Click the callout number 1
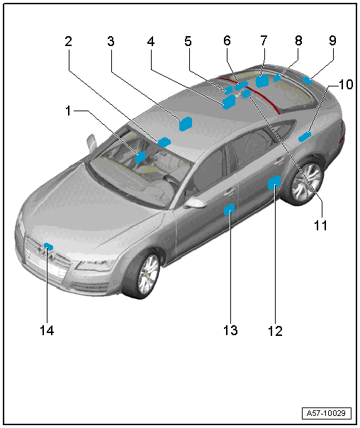pyautogui.click(x=68, y=111)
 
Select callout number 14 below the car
pyautogui.click(x=47, y=330)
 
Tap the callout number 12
pyautogui.click(x=275, y=331)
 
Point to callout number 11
pyautogui.click(x=320, y=225)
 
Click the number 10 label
pyautogui.click(x=346, y=84)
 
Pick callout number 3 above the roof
pyautogui.click(x=111, y=41)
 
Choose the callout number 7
pyautogui.click(x=264, y=40)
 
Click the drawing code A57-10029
pyautogui.click(x=326, y=413)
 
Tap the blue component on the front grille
pyautogui.click(x=48, y=246)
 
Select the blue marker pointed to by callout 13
pyautogui.click(x=230, y=209)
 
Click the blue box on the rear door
pyautogui.click(x=274, y=182)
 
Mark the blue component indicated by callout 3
pyautogui.click(x=186, y=124)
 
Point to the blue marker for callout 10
pyautogui.click(x=305, y=137)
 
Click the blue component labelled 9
pyautogui.click(x=307, y=80)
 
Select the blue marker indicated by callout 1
pyautogui.click(x=140, y=157)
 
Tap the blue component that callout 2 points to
pyautogui.click(x=164, y=142)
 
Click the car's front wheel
pyautogui.click(x=147, y=275)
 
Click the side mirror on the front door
pyautogui.click(x=194, y=203)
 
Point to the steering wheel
pyautogui.click(x=171, y=181)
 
